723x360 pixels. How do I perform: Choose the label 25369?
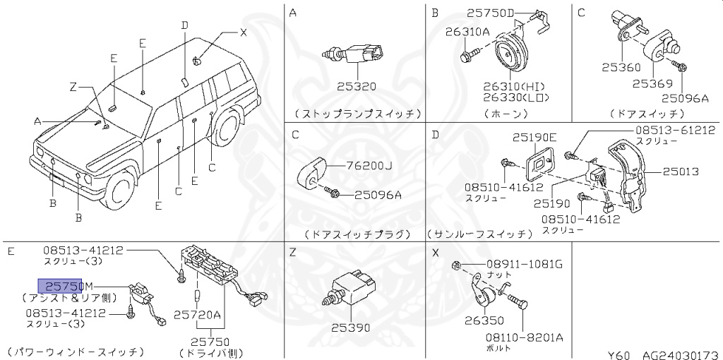[652, 83]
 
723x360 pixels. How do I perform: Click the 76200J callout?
[369, 167]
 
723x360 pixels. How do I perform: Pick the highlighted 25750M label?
[64, 286]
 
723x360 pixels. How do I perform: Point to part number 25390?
[351, 329]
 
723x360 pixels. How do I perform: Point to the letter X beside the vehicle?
[243, 32]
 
